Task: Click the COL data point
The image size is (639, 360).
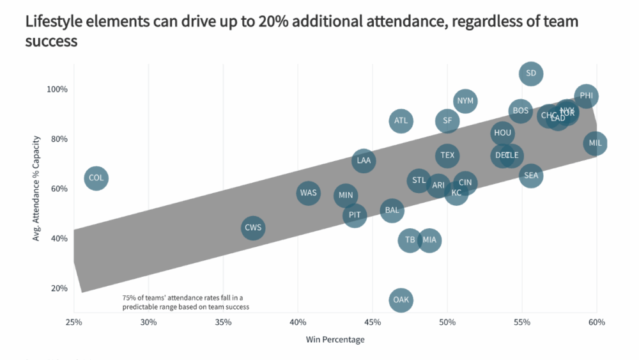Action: point(96,178)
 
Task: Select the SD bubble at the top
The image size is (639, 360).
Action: point(531,74)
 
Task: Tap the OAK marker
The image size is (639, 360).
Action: point(401,300)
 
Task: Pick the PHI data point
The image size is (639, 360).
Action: point(586,97)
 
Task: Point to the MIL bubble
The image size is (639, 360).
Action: point(595,143)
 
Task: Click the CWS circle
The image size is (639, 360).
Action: point(253,228)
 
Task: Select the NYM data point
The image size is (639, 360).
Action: point(465,101)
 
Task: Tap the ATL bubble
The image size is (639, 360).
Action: point(401,120)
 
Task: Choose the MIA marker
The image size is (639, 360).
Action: point(429,240)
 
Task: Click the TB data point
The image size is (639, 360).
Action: point(410,240)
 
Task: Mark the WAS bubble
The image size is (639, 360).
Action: point(308,193)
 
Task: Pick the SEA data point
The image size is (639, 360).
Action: point(531,175)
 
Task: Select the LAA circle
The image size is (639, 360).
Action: point(364,160)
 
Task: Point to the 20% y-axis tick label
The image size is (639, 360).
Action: point(59,288)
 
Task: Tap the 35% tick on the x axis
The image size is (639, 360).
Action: point(223,322)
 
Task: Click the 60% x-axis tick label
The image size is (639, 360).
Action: point(596,322)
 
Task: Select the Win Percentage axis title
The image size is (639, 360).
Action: point(335,340)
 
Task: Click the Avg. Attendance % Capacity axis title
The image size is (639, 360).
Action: point(37,188)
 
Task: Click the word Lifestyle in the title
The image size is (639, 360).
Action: point(54,22)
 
